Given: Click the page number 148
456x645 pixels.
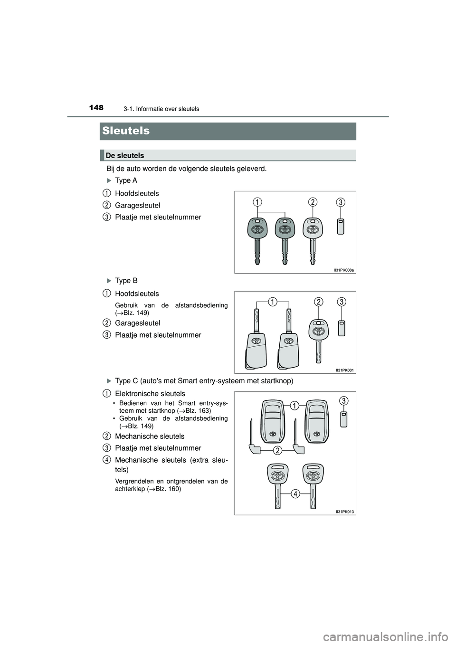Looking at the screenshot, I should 96,108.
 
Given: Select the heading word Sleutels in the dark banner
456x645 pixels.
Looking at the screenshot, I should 126,131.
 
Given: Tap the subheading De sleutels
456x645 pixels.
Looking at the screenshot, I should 125,155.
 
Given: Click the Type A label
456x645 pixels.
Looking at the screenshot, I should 126,180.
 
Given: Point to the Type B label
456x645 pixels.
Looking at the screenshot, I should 126,281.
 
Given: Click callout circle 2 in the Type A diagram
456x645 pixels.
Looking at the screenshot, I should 312,202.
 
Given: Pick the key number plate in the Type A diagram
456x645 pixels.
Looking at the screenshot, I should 341,227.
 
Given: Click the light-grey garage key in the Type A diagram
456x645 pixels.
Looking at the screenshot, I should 312,237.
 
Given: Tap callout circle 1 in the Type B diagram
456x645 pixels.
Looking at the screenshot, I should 272,302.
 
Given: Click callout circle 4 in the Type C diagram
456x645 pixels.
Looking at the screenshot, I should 295,494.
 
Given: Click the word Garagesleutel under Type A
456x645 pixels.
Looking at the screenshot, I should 138,205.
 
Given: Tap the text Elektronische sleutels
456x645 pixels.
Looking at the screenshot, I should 150,393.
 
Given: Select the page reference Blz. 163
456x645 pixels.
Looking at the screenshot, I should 199,410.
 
